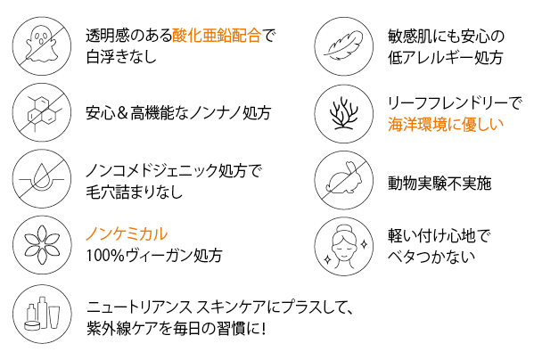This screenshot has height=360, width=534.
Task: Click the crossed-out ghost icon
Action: [x=42, y=46]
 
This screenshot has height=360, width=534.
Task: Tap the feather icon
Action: [x=343, y=46]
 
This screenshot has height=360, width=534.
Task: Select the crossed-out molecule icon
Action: [x=42, y=112]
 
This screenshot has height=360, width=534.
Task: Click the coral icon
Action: [x=343, y=113]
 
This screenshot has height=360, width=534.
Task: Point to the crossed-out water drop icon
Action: [x=42, y=179]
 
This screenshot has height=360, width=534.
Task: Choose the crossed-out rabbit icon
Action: [x=343, y=180]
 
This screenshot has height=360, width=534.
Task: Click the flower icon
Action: [x=42, y=245]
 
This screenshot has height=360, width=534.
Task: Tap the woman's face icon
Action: [x=343, y=246]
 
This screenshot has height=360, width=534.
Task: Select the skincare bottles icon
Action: [x=42, y=314]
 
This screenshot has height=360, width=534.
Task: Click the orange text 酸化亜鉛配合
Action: [x=217, y=36]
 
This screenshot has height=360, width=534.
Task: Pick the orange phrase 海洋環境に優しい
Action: [x=446, y=125]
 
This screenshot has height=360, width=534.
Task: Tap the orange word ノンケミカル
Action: [x=127, y=234]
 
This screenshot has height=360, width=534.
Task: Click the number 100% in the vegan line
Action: [x=105, y=256]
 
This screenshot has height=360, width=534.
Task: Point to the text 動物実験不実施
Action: [x=440, y=184]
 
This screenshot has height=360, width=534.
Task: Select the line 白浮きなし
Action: [x=121, y=56]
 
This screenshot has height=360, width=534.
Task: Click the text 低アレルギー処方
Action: [x=446, y=58]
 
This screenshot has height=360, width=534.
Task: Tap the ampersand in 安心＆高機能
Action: [x=122, y=113]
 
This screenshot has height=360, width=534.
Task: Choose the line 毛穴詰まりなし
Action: [x=135, y=192]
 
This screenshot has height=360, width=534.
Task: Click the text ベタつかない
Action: [x=431, y=257]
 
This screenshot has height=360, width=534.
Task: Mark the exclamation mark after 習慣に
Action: [x=263, y=329]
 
